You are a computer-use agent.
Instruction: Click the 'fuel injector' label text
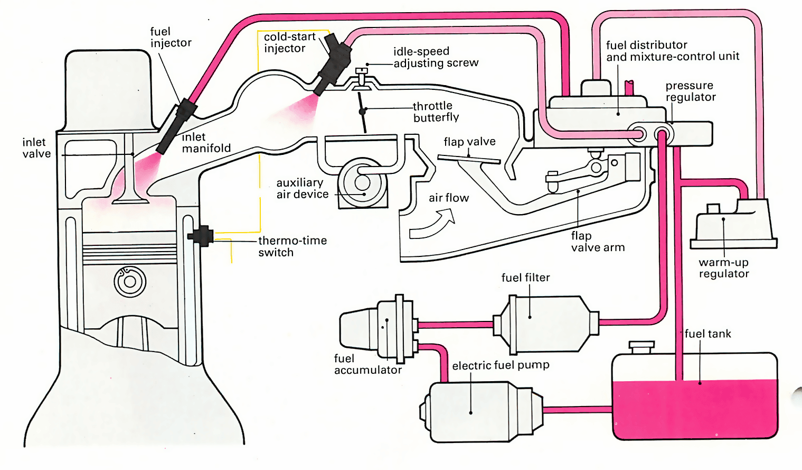pos(170,37)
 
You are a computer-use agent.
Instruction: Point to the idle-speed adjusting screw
pos(362,76)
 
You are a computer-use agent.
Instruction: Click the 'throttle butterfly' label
pos(436,112)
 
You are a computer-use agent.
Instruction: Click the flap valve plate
pos(469,159)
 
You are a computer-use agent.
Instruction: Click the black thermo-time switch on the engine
pos(201,235)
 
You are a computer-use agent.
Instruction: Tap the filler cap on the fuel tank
pos(641,347)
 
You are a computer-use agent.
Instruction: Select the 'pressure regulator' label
pos(690,91)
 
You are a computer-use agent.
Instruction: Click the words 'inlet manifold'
pos(206,143)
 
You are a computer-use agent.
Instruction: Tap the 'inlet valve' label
pos(36,148)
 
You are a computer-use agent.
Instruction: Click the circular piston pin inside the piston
pos(130,281)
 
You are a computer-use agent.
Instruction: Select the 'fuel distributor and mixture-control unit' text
pos(672,51)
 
